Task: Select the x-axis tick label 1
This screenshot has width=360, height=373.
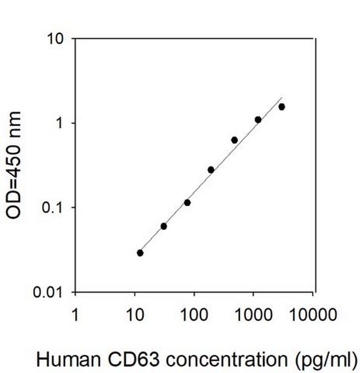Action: point(75,315)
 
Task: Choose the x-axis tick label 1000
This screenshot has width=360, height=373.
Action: point(253,315)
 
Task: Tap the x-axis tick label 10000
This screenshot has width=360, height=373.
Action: point(312,315)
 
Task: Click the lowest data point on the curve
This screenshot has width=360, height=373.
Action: point(140,253)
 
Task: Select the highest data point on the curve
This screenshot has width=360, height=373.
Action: point(281,107)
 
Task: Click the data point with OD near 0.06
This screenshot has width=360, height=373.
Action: point(163,226)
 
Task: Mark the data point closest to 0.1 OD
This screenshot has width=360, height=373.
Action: point(187,203)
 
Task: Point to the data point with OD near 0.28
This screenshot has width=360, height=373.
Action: point(211,169)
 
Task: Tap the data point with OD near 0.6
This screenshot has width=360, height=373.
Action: point(234,140)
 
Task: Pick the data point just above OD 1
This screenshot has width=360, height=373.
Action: point(258,120)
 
